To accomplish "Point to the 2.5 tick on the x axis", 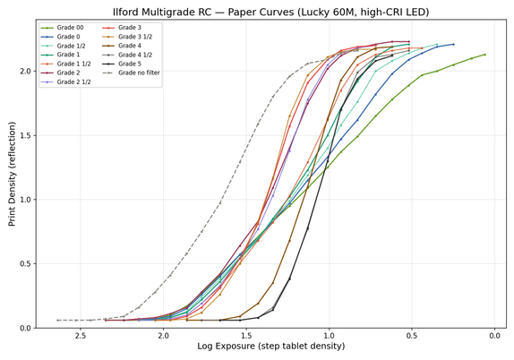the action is point(81,336).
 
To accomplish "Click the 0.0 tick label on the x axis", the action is point(494,336).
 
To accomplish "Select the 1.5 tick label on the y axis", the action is point(26,135).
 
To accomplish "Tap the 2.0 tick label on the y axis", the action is point(26,71).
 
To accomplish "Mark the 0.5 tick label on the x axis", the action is point(412,336).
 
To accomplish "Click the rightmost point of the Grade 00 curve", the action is point(484,55).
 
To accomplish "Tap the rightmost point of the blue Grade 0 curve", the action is point(453,44).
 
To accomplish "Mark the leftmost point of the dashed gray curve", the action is point(57,320).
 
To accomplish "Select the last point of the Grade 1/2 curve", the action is point(437,44).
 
